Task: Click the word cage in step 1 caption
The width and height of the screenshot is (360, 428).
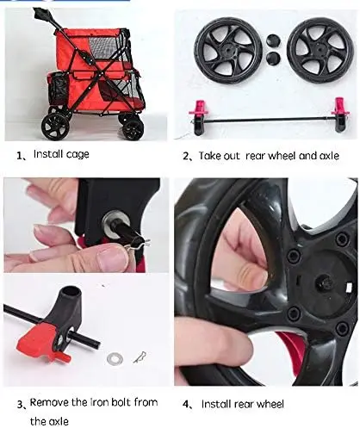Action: tap(77, 155)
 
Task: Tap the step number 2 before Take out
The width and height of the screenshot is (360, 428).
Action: tap(185, 155)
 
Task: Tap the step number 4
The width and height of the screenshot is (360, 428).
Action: tap(185, 403)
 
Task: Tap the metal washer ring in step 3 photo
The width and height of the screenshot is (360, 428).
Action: tap(114, 356)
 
